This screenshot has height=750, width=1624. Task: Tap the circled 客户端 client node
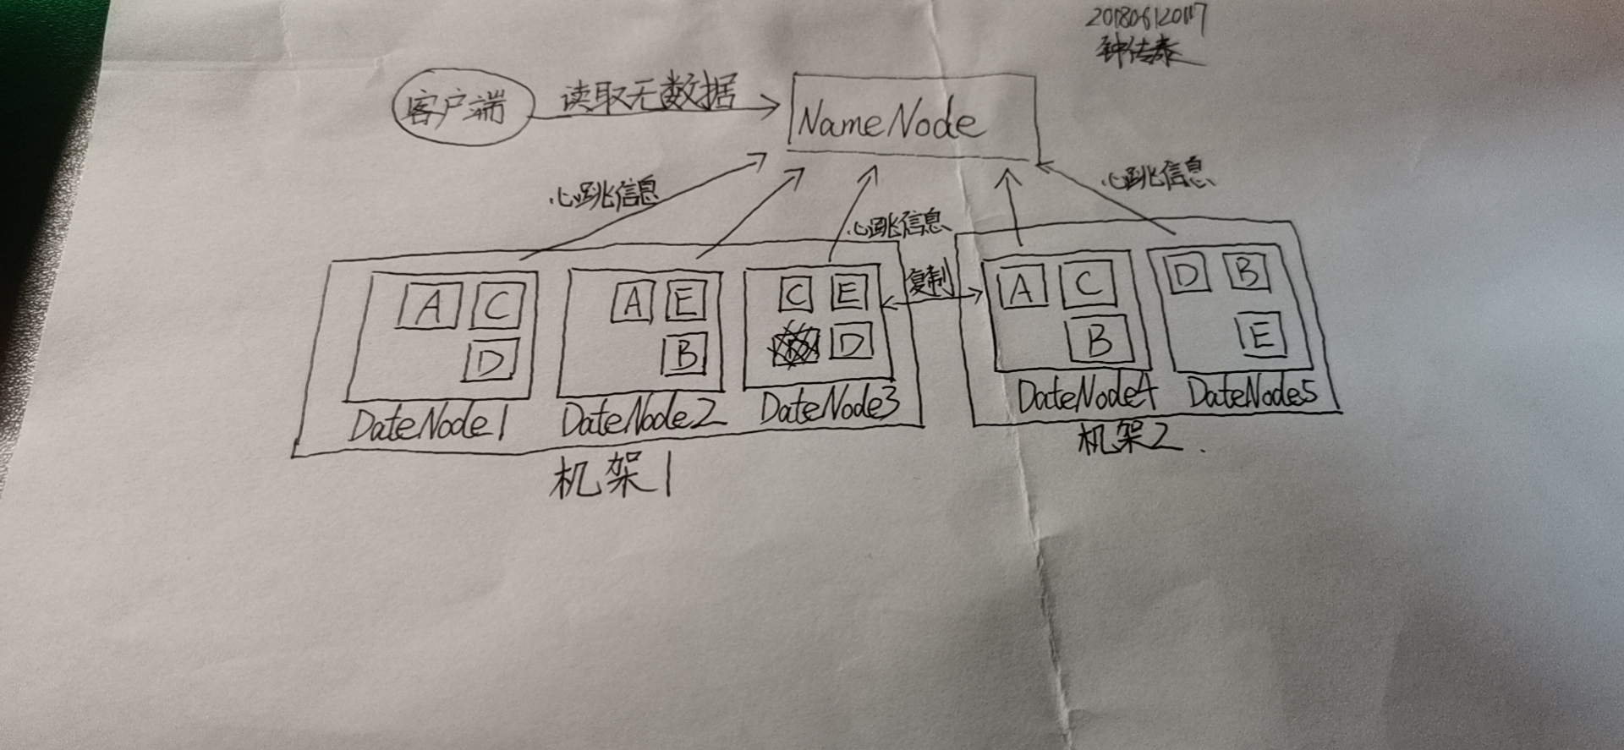click(462, 107)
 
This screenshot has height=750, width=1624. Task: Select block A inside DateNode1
click(429, 305)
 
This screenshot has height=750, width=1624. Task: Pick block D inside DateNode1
click(491, 361)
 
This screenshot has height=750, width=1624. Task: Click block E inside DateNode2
click(685, 300)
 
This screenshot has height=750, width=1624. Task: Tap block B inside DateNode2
click(685, 353)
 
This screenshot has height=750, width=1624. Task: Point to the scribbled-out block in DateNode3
click(795, 347)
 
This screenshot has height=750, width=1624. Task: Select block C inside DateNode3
click(795, 294)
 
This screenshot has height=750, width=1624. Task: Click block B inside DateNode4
click(1097, 339)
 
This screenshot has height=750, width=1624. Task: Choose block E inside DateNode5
click(1260, 335)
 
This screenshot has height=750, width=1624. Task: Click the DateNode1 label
click(427, 424)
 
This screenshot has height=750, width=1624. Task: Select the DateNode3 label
click(829, 407)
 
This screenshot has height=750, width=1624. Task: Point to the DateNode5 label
click(1252, 393)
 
